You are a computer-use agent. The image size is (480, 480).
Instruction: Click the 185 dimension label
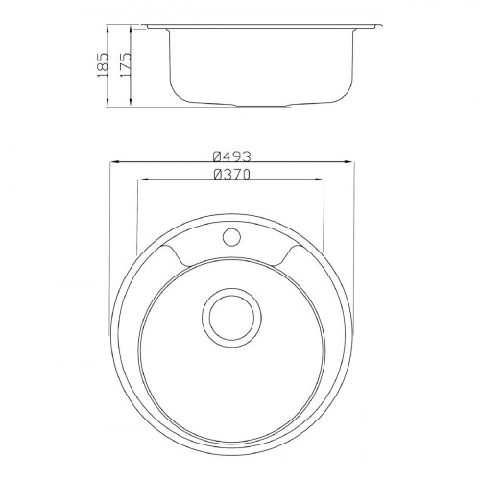[103, 64]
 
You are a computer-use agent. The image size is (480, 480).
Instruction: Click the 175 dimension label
[125, 64]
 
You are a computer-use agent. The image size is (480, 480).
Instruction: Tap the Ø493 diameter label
[232, 156]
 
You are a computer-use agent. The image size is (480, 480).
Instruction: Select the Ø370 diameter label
[232, 175]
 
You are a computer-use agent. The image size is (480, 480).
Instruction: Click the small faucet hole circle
[232, 237]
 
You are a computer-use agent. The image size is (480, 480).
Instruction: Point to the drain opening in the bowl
[232, 318]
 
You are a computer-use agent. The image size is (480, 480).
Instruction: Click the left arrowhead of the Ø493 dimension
[115, 162]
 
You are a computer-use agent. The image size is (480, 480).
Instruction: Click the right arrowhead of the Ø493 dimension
[348, 162]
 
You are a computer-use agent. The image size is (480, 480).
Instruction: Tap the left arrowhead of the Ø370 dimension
[142, 180]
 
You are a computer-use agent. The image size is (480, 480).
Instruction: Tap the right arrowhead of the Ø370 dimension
[319, 180]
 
